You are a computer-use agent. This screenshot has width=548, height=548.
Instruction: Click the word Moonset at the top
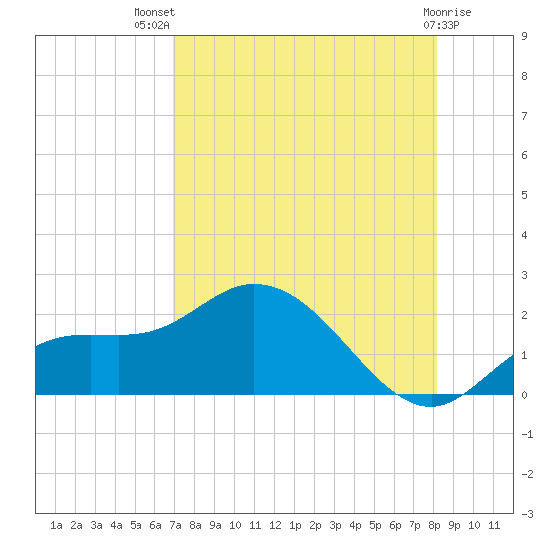[154, 12]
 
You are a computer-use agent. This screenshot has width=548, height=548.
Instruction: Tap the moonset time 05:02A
[151, 25]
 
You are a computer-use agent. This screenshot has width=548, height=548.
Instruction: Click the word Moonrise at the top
[447, 12]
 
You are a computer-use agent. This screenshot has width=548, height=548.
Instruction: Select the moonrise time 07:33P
[441, 25]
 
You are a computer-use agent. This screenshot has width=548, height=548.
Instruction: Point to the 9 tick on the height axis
[524, 36]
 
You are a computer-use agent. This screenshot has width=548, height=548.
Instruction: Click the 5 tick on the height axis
[524, 195]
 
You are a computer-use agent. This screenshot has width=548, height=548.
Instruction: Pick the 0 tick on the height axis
[524, 395]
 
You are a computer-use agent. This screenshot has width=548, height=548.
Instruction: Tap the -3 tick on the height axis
[527, 514]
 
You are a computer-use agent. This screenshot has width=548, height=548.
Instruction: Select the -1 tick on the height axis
[527, 434]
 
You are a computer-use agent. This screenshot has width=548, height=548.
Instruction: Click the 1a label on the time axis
[56, 525]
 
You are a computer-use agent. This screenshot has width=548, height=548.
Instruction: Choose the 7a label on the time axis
[175, 525]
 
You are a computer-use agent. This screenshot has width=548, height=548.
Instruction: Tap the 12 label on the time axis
[275, 525]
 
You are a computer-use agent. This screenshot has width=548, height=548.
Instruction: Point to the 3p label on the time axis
[335, 525]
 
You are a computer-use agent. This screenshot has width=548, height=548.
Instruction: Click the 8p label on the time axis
[434, 525]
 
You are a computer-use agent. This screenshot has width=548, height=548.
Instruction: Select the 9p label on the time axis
[454, 525]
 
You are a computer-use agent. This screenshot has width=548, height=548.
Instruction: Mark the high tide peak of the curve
[254, 284]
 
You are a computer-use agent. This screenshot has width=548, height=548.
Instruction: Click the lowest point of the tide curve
[430, 407]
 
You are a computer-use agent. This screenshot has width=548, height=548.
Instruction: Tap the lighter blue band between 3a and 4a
[105, 365]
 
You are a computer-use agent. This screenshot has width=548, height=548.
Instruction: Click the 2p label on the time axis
[315, 525]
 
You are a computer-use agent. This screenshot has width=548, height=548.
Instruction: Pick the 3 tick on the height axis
[524, 275]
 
